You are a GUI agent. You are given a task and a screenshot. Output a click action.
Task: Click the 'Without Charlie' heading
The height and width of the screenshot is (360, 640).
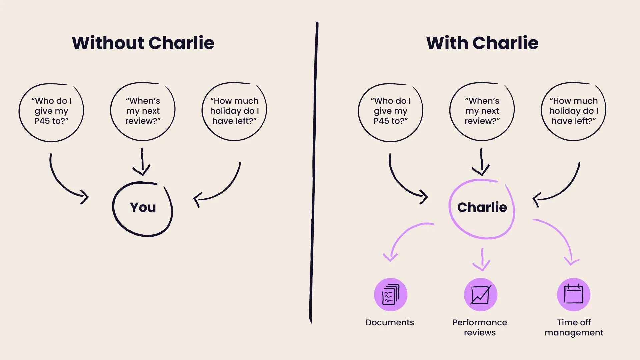143,43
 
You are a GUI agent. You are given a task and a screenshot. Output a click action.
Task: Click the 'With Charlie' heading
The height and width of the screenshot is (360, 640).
482,43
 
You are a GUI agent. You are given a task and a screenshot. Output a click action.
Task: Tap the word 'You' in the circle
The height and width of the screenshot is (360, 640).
143,207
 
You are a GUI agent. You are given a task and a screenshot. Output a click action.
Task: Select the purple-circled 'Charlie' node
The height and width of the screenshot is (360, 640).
482,207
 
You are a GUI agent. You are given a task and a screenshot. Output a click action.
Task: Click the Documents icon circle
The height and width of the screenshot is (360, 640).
390,295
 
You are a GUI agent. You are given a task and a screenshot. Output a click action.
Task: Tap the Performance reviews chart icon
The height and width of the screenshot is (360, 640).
480,295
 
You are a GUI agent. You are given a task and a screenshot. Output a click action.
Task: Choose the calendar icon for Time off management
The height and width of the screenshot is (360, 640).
573,295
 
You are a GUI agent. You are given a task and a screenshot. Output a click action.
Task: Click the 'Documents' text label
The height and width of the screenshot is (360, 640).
390,322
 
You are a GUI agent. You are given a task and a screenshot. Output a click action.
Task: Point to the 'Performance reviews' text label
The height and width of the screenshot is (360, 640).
480,327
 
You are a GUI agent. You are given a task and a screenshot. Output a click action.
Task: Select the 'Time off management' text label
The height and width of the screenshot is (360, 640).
574,327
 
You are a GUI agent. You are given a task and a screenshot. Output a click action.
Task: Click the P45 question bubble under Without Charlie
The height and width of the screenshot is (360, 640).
51,111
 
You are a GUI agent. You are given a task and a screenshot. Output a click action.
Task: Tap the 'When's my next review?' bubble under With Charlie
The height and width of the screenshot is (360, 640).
482,111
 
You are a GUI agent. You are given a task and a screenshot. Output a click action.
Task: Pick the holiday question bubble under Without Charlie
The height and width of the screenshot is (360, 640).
234,111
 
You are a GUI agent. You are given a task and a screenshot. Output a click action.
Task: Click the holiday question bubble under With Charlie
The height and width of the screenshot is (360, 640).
573,111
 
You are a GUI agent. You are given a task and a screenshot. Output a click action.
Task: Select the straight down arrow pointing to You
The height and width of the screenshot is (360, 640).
142,162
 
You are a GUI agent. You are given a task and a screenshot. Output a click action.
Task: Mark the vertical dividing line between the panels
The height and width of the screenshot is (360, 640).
313,173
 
